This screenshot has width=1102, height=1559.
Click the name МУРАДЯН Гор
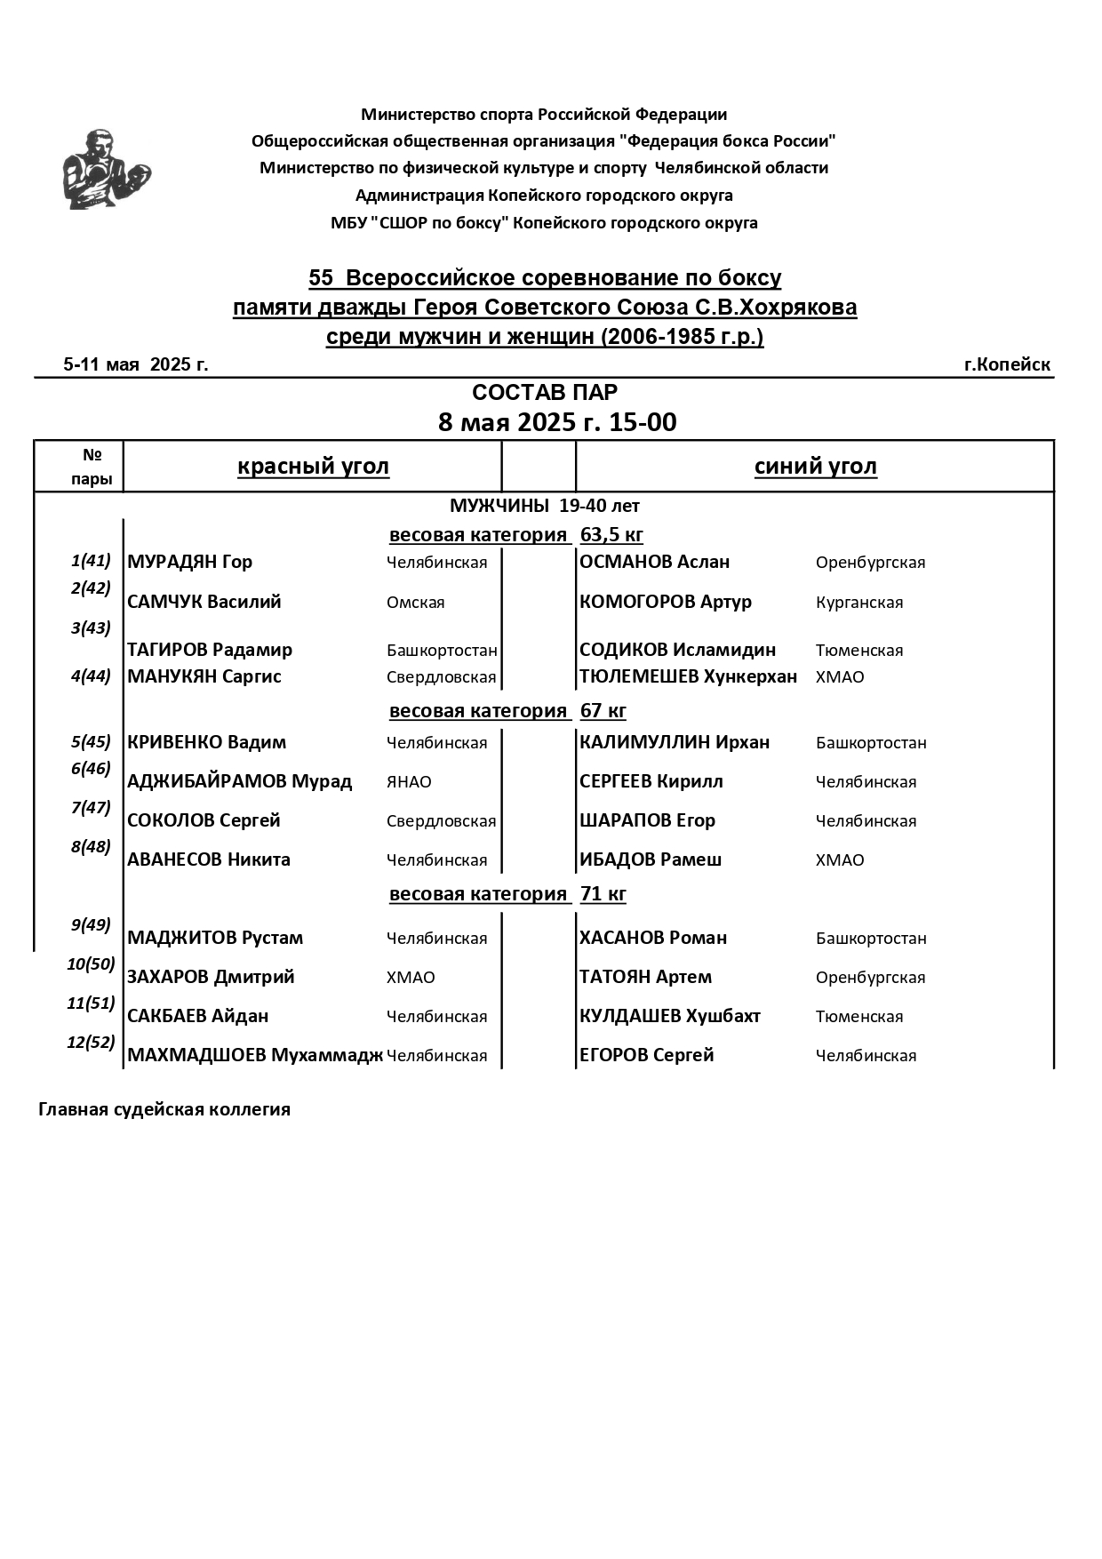click(x=190, y=562)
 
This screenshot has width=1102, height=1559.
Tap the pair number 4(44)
click(x=91, y=676)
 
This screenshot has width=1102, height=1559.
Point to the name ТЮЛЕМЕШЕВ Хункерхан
click(x=688, y=676)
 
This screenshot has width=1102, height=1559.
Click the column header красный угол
click(x=313, y=467)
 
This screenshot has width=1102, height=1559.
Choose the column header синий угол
click(x=815, y=467)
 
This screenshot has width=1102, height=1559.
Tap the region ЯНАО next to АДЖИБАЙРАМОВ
click(x=409, y=782)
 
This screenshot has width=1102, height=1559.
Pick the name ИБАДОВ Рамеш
click(x=651, y=859)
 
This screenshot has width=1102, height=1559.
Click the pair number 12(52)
click(x=91, y=1042)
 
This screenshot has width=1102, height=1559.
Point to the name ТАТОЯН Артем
click(x=645, y=977)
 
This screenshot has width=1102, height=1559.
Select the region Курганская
click(x=858, y=603)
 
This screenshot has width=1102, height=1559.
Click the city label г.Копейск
click(x=1007, y=364)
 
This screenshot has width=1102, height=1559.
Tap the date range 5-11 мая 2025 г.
click(x=136, y=364)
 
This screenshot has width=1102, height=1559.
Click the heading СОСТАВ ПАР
click(x=544, y=393)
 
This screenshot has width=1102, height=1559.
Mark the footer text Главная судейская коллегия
click(x=164, y=1109)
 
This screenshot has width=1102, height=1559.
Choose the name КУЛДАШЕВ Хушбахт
click(x=670, y=1016)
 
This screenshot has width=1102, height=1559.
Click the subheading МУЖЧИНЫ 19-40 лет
click(x=544, y=506)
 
